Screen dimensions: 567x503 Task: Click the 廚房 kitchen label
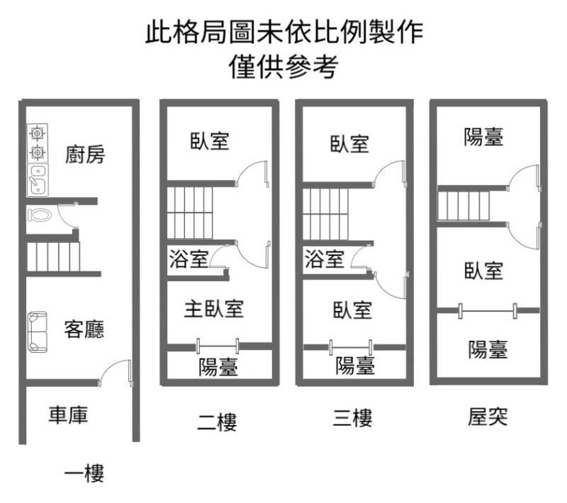[85, 154]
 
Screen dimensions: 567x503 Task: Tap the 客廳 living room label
[84, 329]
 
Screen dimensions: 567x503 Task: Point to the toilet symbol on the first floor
[40, 215]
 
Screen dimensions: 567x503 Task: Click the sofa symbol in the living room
[38, 332]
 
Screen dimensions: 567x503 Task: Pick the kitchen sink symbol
[38, 179]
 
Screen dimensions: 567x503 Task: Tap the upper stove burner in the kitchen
[38, 134]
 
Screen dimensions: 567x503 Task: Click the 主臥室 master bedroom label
[214, 309]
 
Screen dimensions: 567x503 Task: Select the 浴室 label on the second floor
[189, 259]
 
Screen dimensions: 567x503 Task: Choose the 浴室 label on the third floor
[325, 259]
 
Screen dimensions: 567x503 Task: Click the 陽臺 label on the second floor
[218, 366]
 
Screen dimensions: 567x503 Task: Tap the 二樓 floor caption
[217, 422]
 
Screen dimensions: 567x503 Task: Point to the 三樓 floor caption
[352, 418]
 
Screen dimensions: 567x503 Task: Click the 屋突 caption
[488, 417]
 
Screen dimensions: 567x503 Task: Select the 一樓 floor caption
[84, 473]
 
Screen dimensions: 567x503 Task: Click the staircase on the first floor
[53, 256]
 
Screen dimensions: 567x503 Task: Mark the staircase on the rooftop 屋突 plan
[464, 205]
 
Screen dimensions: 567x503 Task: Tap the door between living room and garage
[116, 372]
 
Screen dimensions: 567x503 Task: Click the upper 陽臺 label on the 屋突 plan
[483, 137]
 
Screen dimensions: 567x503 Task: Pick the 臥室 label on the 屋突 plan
[484, 271]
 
